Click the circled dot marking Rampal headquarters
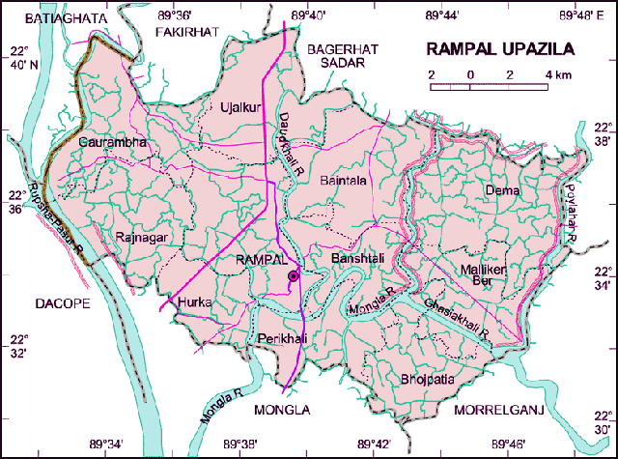tap(294, 277)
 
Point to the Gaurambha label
tap(113, 142)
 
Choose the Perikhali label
tap(281, 338)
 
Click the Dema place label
tap(502, 189)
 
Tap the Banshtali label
tap(358, 260)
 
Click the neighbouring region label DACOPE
tap(63, 303)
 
